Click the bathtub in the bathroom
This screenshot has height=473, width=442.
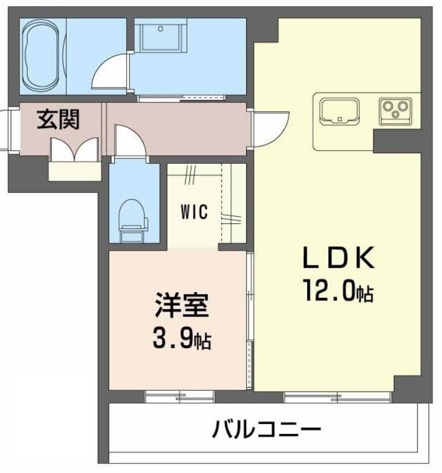pos(43,56)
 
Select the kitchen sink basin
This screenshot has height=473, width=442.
pos(340,111)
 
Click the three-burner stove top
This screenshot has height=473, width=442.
pos(395,111)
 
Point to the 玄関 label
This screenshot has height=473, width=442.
pos(58,119)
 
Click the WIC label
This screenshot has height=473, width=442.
pos(194,212)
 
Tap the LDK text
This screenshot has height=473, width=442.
pos(339,258)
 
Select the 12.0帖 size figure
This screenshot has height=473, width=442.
pos(339,290)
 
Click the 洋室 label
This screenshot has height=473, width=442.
pos(182,306)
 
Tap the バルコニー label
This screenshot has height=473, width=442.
pos(266,429)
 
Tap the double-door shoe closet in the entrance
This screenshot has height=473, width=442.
pos(75,151)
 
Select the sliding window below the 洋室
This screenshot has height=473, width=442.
pos(180,397)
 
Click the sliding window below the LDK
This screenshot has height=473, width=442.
pos(338,397)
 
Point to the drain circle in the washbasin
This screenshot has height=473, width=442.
pos(160,28)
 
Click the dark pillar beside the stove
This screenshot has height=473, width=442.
pos(397,141)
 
